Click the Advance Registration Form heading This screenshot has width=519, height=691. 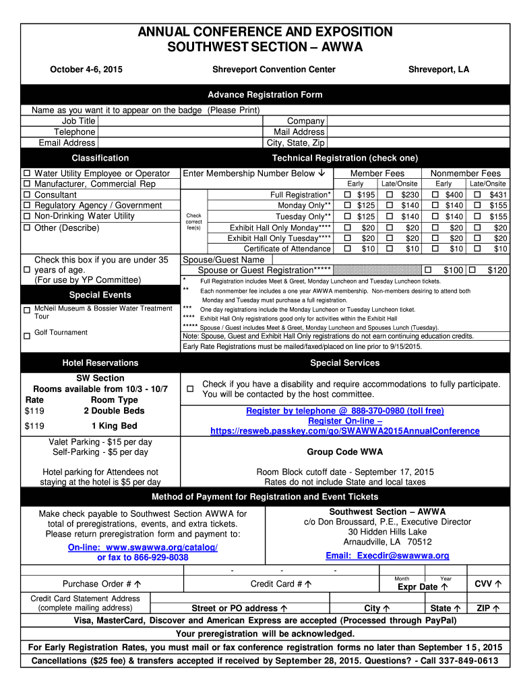(264, 94)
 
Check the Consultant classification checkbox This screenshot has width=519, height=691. (28, 195)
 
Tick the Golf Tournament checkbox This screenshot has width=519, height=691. (27, 335)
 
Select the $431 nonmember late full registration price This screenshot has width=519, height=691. (497, 194)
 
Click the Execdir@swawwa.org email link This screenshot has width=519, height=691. (387, 555)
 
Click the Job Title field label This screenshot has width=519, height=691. (78, 121)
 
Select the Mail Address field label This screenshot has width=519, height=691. (299, 132)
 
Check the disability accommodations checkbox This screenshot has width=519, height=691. (190, 389)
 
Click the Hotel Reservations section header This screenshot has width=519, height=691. (100, 363)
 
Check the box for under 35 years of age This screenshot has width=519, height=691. (28, 270)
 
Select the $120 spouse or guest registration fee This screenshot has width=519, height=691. (497, 271)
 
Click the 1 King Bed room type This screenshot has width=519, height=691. (114, 426)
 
